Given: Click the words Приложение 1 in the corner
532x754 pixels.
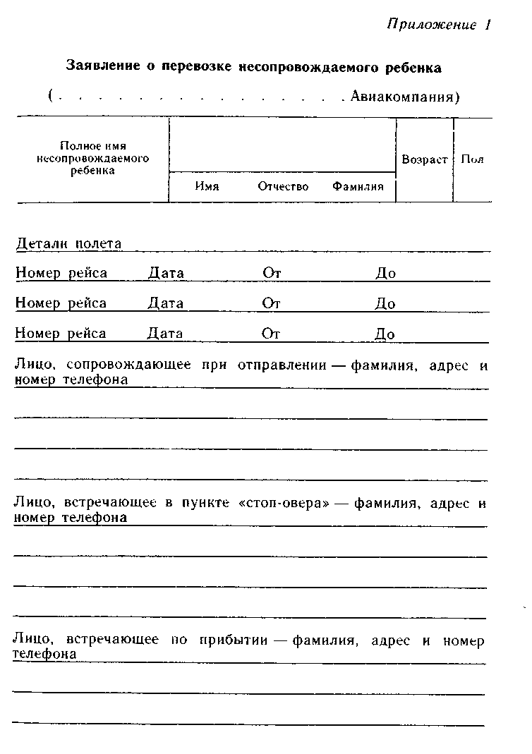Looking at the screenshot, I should click(438, 25).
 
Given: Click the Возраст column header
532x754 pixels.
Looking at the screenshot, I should click(424, 160).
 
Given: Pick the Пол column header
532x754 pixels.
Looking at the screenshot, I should click(472, 160).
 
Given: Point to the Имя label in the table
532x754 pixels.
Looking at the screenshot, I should click(207, 187).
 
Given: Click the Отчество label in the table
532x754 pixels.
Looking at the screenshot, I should click(283, 187).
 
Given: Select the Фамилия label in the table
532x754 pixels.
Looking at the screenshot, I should click(358, 187).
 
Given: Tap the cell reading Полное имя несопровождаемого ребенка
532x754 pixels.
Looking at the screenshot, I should click(92, 159).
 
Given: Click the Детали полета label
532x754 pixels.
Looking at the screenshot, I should click(68, 244).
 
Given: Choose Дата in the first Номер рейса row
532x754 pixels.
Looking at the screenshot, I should click(166, 273).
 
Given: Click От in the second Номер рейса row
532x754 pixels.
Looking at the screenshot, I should click(272, 303).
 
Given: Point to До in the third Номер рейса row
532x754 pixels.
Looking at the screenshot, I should click(385, 334).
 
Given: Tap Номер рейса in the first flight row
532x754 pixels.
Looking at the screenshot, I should click(61, 273).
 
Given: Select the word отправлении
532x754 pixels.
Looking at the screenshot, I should click(282, 365).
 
